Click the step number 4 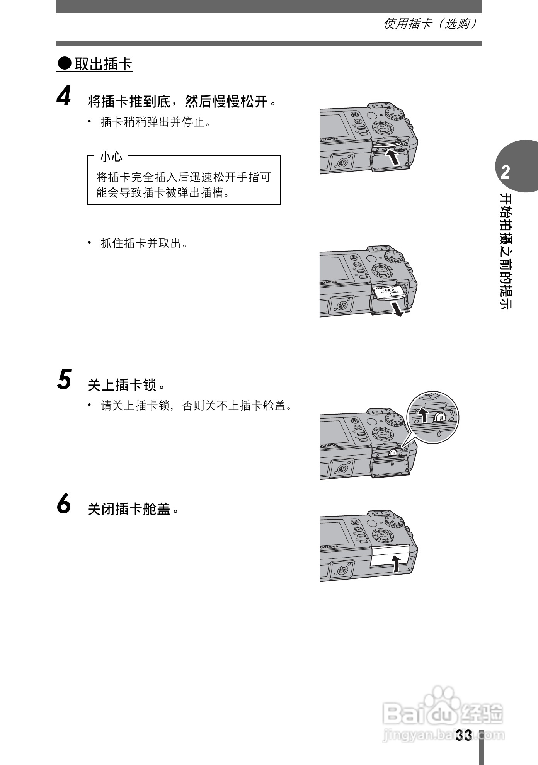(64, 96)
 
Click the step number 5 (64, 379)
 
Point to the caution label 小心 (111, 156)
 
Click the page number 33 (463, 735)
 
